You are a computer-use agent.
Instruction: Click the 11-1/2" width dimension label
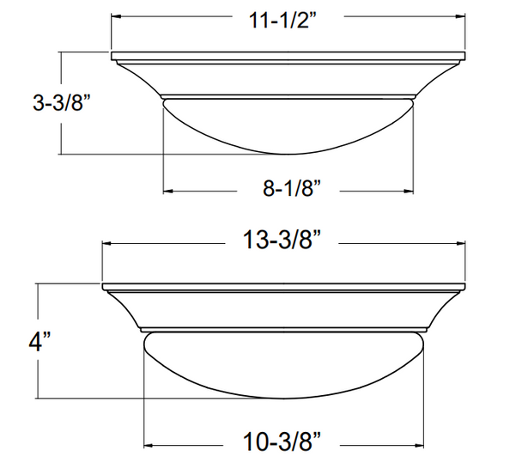[288, 17]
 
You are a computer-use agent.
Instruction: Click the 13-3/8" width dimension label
[284, 242]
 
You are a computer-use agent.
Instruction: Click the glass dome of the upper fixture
[288, 125]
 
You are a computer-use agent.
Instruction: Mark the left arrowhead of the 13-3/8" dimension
[107, 242]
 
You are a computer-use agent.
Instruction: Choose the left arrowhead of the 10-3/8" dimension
[148, 444]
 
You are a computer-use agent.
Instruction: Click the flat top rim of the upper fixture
[288, 57]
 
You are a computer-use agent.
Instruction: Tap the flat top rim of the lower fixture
[284, 286]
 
